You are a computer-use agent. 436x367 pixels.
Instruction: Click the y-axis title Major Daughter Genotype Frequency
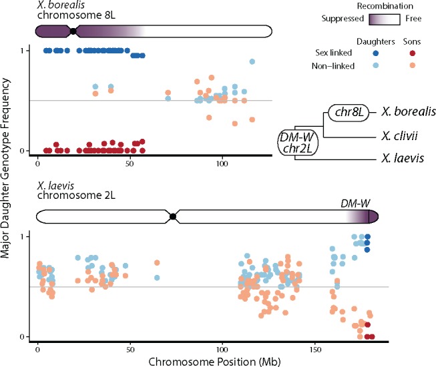pyautogui.click(x=8, y=194)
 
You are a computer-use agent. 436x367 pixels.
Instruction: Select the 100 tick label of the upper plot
pyautogui.click(x=223, y=163)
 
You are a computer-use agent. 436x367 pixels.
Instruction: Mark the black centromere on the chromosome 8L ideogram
pyautogui.click(x=73, y=31)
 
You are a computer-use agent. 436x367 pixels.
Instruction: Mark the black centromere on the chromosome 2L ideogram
pyautogui.click(x=173, y=216)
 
